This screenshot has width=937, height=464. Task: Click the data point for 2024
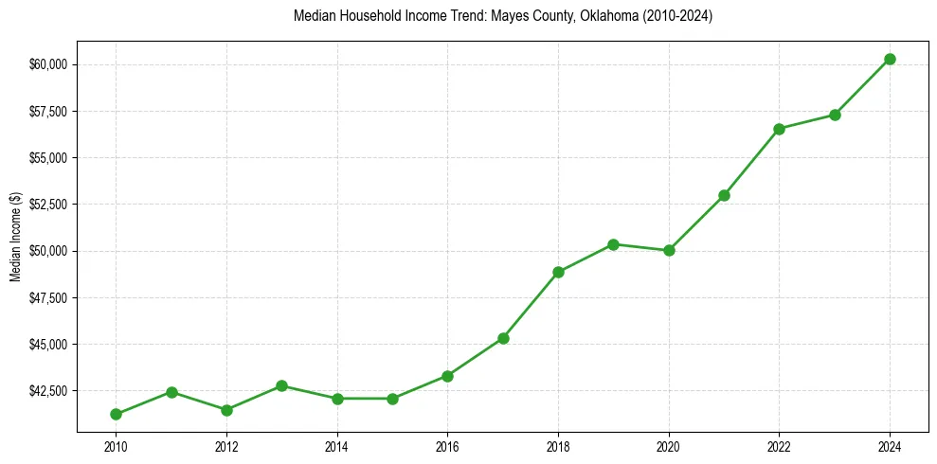click(x=890, y=59)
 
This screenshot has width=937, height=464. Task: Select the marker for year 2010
click(x=116, y=414)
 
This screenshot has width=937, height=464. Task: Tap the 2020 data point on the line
click(x=669, y=250)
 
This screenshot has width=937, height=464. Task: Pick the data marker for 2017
click(x=503, y=338)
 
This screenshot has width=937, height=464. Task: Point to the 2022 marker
click(x=779, y=129)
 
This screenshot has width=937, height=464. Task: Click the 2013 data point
click(x=281, y=385)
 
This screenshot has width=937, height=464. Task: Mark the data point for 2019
click(x=613, y=244)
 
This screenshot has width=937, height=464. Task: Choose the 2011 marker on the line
click(x=171, y=392)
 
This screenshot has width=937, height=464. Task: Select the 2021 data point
click(x=724, y=195)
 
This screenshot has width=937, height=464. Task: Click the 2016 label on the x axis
click(x=447, y=446)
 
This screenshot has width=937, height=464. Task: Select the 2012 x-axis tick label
click(x=226, y=446)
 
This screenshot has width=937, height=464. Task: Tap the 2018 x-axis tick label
click(x=558, y=446)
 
